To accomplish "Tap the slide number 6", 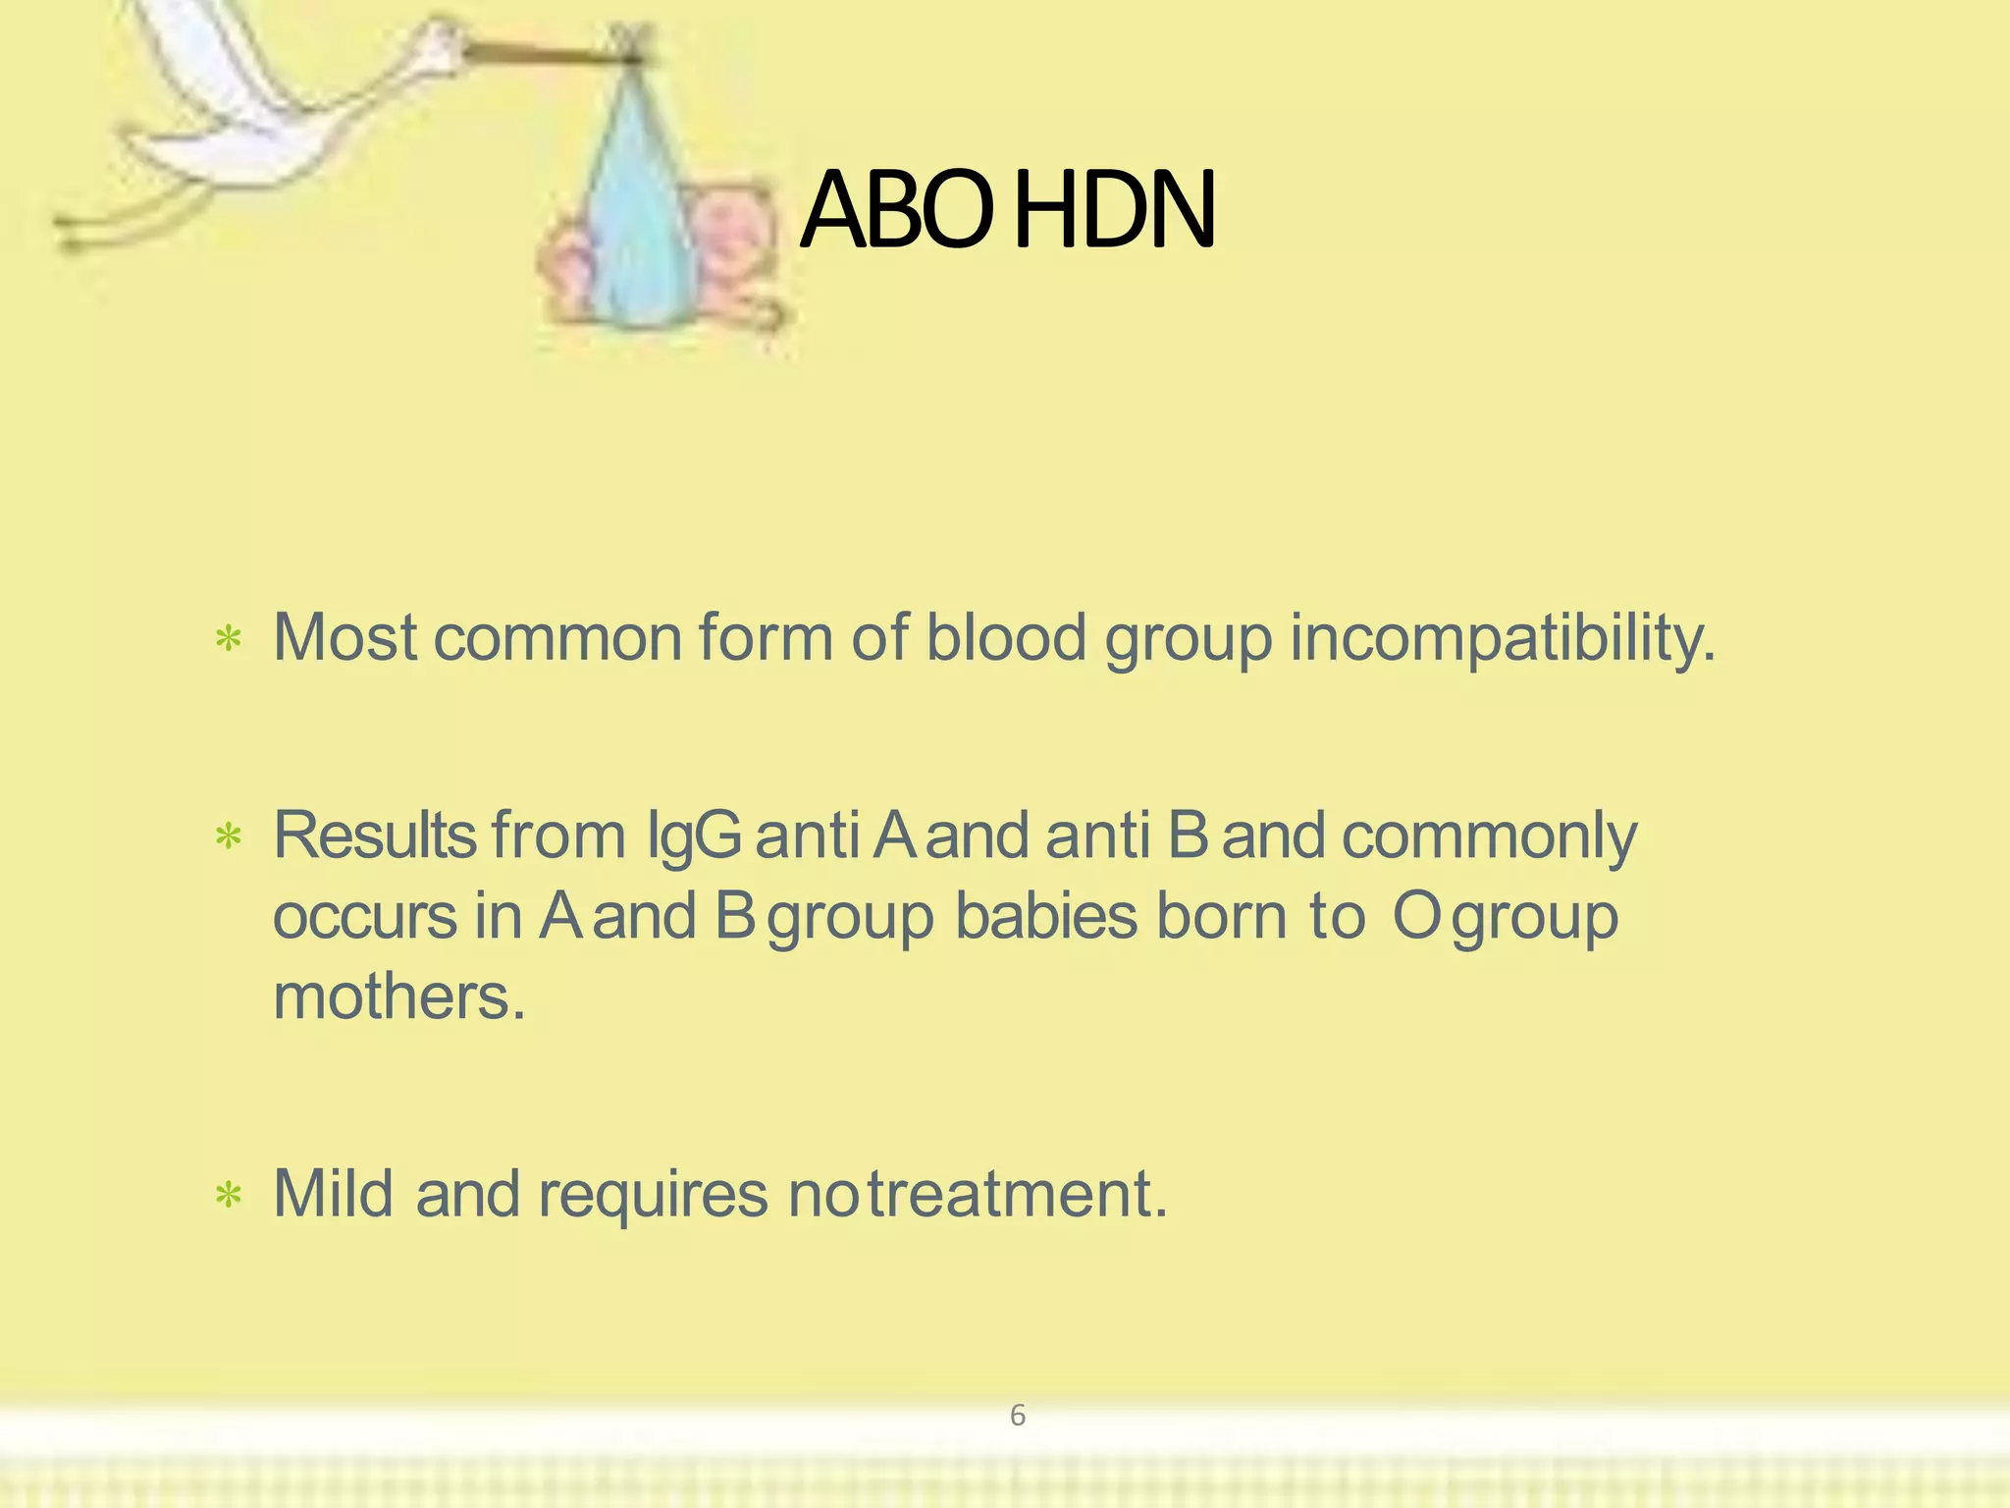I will click(1018, 1416).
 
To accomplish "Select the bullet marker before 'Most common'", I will click(229, 640).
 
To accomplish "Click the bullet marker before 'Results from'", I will click(229, 837).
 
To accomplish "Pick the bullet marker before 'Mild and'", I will click(229, 1196).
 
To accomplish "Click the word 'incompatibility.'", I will click(1503, 638).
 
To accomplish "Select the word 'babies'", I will click(1046, 917).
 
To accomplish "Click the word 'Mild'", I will click(334, 1194).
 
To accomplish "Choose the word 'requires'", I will click(653, 1196).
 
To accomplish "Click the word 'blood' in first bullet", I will click(1006, 638).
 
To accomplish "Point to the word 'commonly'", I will click(1489, 837).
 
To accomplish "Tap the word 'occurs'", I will click(364, 917).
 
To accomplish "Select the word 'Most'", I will click(345, 638).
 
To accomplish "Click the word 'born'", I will click(1221, 917).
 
